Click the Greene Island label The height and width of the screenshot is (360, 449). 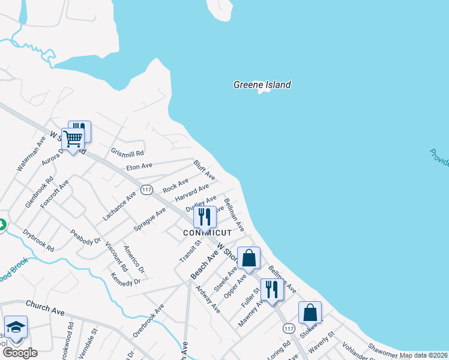[262, 85]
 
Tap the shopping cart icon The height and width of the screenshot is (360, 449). [73, 139]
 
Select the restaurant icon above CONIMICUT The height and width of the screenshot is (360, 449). [205, 217]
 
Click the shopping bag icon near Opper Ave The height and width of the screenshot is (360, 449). [249, 258]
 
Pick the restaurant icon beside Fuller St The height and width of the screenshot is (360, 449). [272, 289]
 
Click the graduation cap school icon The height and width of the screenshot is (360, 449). [16, 327]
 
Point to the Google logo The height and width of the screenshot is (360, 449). [20, 353]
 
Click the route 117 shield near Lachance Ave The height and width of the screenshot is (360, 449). [146, 190]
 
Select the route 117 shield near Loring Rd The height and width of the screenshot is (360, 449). [289, 328]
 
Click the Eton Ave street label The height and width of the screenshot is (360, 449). [139, 166]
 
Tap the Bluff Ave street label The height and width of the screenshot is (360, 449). [204, 169]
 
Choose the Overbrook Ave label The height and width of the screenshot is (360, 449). [149, 320]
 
